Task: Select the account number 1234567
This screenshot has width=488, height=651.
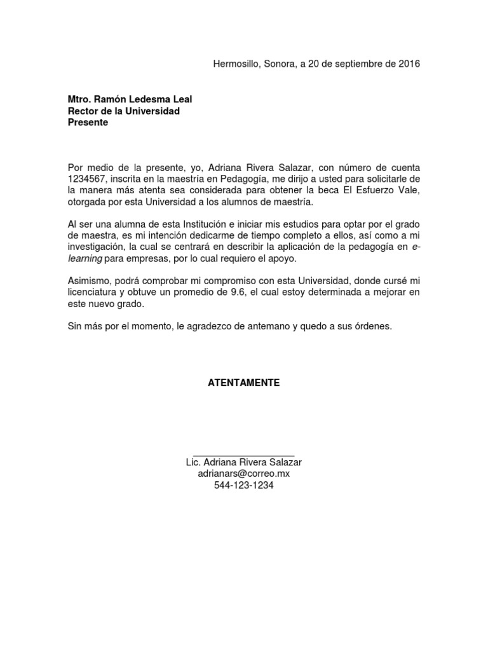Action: [86, 179]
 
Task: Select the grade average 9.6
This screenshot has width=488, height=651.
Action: [252, 292]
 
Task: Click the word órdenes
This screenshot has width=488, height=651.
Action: [374, 327]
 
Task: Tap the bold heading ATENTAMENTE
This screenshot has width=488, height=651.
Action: [244, 383]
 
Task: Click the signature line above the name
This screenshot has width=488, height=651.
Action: [243, 452]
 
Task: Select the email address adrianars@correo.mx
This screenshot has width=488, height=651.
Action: [244, 474]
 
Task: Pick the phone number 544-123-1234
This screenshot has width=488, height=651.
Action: [244, 485]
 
